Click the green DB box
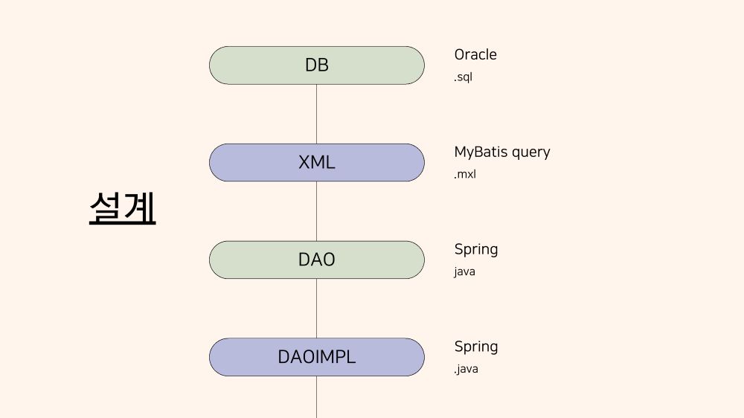click(316, 65)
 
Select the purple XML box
click(316, 163)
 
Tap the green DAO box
click(316, 260)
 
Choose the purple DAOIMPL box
click(316, 357)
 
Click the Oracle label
click(475, 54)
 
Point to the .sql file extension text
click(463, 77)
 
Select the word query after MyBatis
click(528, 152)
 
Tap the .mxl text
click(465, 174)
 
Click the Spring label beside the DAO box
click(476, 250)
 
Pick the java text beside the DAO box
click(464, 272)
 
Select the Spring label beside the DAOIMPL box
click(476, 347)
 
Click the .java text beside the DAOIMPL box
click(466, 369)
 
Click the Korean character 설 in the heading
click(105, 208)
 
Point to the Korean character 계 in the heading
click(139, 208)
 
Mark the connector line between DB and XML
click(316, 114)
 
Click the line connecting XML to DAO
click(316, 211)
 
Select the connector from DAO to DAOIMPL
click(316, 309)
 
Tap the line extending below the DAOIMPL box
click(316, 397)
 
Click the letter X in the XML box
click(304, 163)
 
